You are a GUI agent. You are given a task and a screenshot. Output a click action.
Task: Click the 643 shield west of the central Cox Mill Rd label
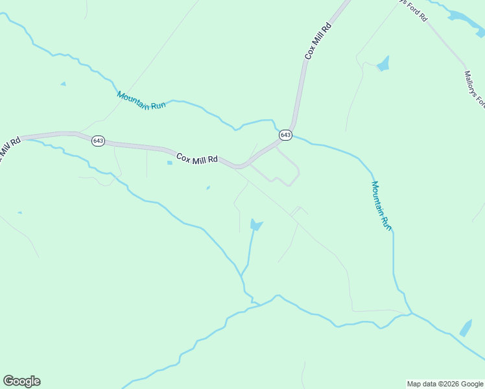point(98,141)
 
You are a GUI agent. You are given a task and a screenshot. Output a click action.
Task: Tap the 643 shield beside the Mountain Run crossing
point(286,135)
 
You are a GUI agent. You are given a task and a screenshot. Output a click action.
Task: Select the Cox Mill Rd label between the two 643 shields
point(197,158)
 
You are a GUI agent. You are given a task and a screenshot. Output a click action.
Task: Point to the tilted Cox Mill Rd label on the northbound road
point(318,41)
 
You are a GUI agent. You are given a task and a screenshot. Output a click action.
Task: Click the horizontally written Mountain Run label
point(141,100)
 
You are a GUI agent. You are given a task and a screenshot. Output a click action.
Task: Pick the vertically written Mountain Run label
point(381,205)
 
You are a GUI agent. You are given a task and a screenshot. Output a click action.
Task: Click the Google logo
point(21,381)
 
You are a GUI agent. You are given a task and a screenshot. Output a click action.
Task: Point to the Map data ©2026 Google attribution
point(445,384)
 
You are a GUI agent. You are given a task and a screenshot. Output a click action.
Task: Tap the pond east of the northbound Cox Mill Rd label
point(384,64)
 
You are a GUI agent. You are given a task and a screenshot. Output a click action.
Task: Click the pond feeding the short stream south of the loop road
point(256,225)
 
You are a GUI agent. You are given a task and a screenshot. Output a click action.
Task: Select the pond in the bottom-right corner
point(466,328)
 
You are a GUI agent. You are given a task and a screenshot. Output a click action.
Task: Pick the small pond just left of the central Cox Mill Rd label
point(170,163)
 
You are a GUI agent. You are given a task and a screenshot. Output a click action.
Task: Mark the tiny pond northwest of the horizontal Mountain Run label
point(63,84)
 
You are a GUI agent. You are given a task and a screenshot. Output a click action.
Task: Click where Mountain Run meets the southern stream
point(410,314)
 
